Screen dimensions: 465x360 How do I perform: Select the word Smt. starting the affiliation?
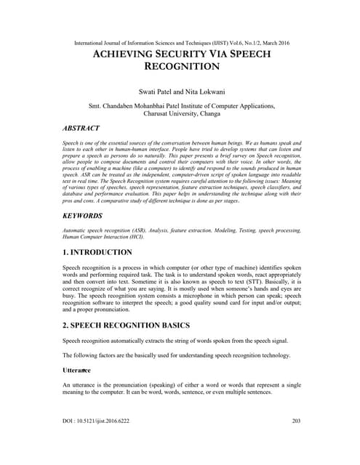95,106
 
